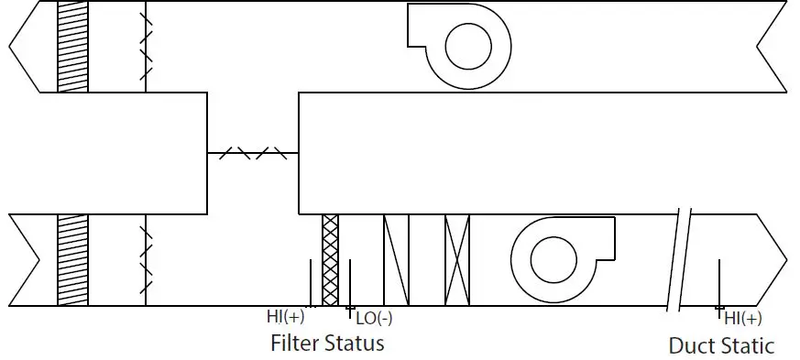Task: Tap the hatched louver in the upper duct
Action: pyautogui.click(x=72, y=46)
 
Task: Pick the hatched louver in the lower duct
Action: pyautogui.click(x=72, y=260)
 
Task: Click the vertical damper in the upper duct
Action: pyautogui.click(x=146, y=46)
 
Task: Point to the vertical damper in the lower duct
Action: pyautogui.click(x=146, y=260)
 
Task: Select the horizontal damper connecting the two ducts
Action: pyautogui.click(x=253, y=153)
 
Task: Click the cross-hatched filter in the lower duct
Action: pyautogui.click(x=331, y=259)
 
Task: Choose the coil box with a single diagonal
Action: pyautogui.click(x=396, y=260)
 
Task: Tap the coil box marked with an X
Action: pyautogui.click(x=456, y=260)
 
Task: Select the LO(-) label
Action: pyautogui.click(x=374, y=319)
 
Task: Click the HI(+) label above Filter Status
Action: pyautogui.click(x=286, y=317)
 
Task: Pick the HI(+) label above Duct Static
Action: pyautogui.click(x=742, y=319)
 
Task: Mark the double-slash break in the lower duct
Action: pyautogui.click(x=679, y=260)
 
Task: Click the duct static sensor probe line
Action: pyautogui.click(x=719, y=284)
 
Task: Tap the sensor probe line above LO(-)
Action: pyautogui.click(x=349, y=284)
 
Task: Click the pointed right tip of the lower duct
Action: pyautogui.click(x=785, y=259)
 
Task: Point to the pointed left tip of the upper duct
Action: pyautogui.click(x=10, y=46)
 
